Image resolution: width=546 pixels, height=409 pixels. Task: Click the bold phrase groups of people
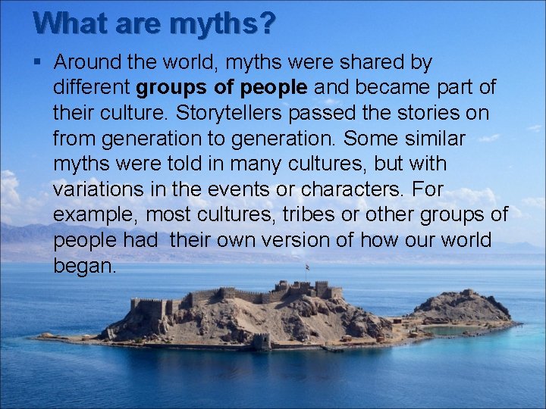click(222, 87)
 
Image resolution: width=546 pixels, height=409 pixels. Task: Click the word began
click(85, 267)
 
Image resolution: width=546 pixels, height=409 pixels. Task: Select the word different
click(93, 87)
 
